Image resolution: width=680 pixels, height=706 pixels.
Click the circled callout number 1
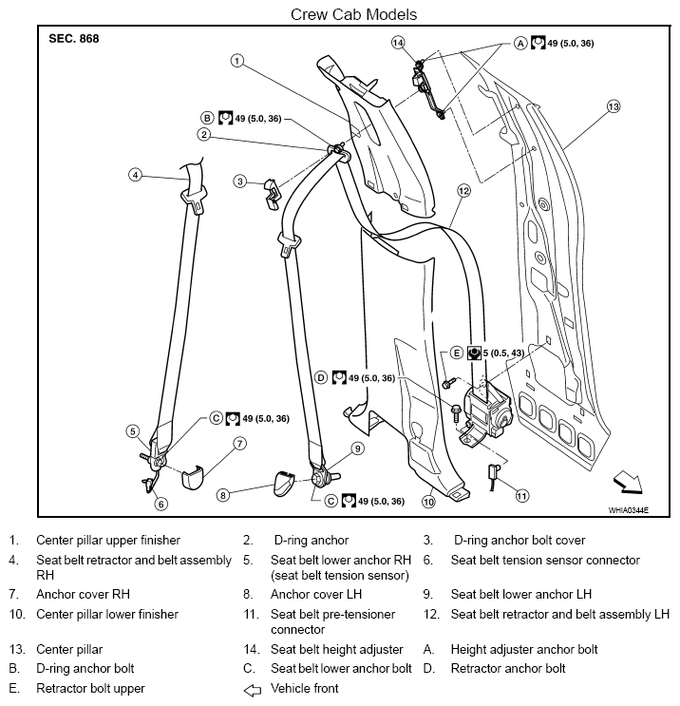point(237,61)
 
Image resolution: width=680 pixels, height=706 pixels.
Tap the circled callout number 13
point(614,106)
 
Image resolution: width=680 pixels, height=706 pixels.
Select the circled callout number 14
point(398,43)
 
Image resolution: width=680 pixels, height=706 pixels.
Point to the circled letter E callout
point(457,353)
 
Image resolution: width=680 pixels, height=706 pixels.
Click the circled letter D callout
point(320,378)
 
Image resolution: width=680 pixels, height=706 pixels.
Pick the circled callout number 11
point(521,496)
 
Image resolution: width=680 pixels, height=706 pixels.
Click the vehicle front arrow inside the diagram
point(629,482)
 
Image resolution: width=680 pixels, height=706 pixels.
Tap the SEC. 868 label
point(74,39)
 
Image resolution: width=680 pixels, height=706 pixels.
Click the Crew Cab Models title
point(353,14)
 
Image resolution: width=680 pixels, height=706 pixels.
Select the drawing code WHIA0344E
point(629,510)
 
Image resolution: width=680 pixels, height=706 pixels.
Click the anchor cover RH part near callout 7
point(193,477)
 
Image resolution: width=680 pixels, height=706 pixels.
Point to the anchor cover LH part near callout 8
point(284,484)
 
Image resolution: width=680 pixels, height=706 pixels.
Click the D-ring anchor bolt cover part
point(272,194)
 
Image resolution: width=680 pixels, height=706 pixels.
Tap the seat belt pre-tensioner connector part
point(492,477)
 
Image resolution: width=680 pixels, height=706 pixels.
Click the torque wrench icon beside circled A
point(538,43)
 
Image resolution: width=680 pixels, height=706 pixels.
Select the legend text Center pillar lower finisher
point(107,614)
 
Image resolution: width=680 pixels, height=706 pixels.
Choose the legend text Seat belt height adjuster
point(336,649)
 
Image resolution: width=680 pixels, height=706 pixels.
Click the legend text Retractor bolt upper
point(90,689)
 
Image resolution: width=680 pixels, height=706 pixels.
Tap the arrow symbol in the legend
point(252,690)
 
